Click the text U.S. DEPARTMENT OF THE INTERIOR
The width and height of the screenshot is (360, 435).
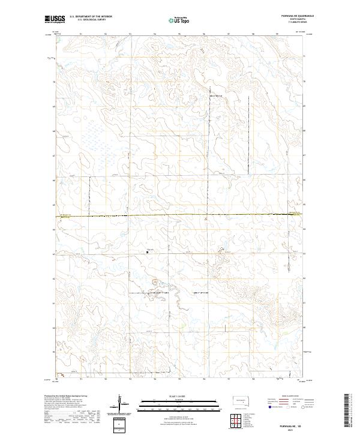[91, 17]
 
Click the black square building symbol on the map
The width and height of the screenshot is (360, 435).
[148, 253]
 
